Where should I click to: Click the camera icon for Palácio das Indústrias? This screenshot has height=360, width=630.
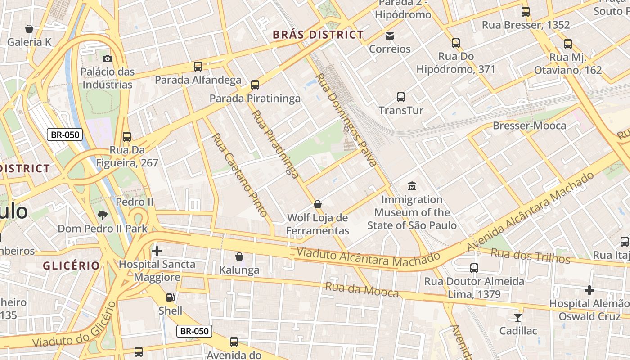[107, 58]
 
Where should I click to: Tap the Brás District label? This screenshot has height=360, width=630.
[318, 35]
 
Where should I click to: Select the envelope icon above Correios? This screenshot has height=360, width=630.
[390, 36]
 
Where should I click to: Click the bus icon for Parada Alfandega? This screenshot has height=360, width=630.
[198, 67]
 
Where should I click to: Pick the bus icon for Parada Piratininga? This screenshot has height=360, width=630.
[255, 85]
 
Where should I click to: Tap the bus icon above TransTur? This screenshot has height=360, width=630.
[401, 97]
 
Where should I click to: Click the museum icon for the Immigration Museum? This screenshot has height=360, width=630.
[412, 186]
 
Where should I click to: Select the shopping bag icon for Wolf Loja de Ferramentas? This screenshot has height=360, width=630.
[318, 204]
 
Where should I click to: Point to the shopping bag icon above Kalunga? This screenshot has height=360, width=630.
[239, 256]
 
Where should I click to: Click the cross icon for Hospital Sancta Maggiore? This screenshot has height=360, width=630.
[157, 251]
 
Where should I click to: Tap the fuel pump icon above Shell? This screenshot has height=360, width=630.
[170, 297]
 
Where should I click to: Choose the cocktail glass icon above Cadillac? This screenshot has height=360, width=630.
[518, 317]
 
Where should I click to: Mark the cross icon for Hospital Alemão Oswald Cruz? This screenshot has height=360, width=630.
[589, 290]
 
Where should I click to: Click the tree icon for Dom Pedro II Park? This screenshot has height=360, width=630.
[103, 215]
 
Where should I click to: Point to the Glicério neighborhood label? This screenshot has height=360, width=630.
[71, 265]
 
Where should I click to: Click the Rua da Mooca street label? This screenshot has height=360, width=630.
[362, 290]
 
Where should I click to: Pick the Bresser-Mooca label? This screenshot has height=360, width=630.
[529, 126]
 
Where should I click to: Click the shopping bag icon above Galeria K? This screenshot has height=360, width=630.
[29, 29]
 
